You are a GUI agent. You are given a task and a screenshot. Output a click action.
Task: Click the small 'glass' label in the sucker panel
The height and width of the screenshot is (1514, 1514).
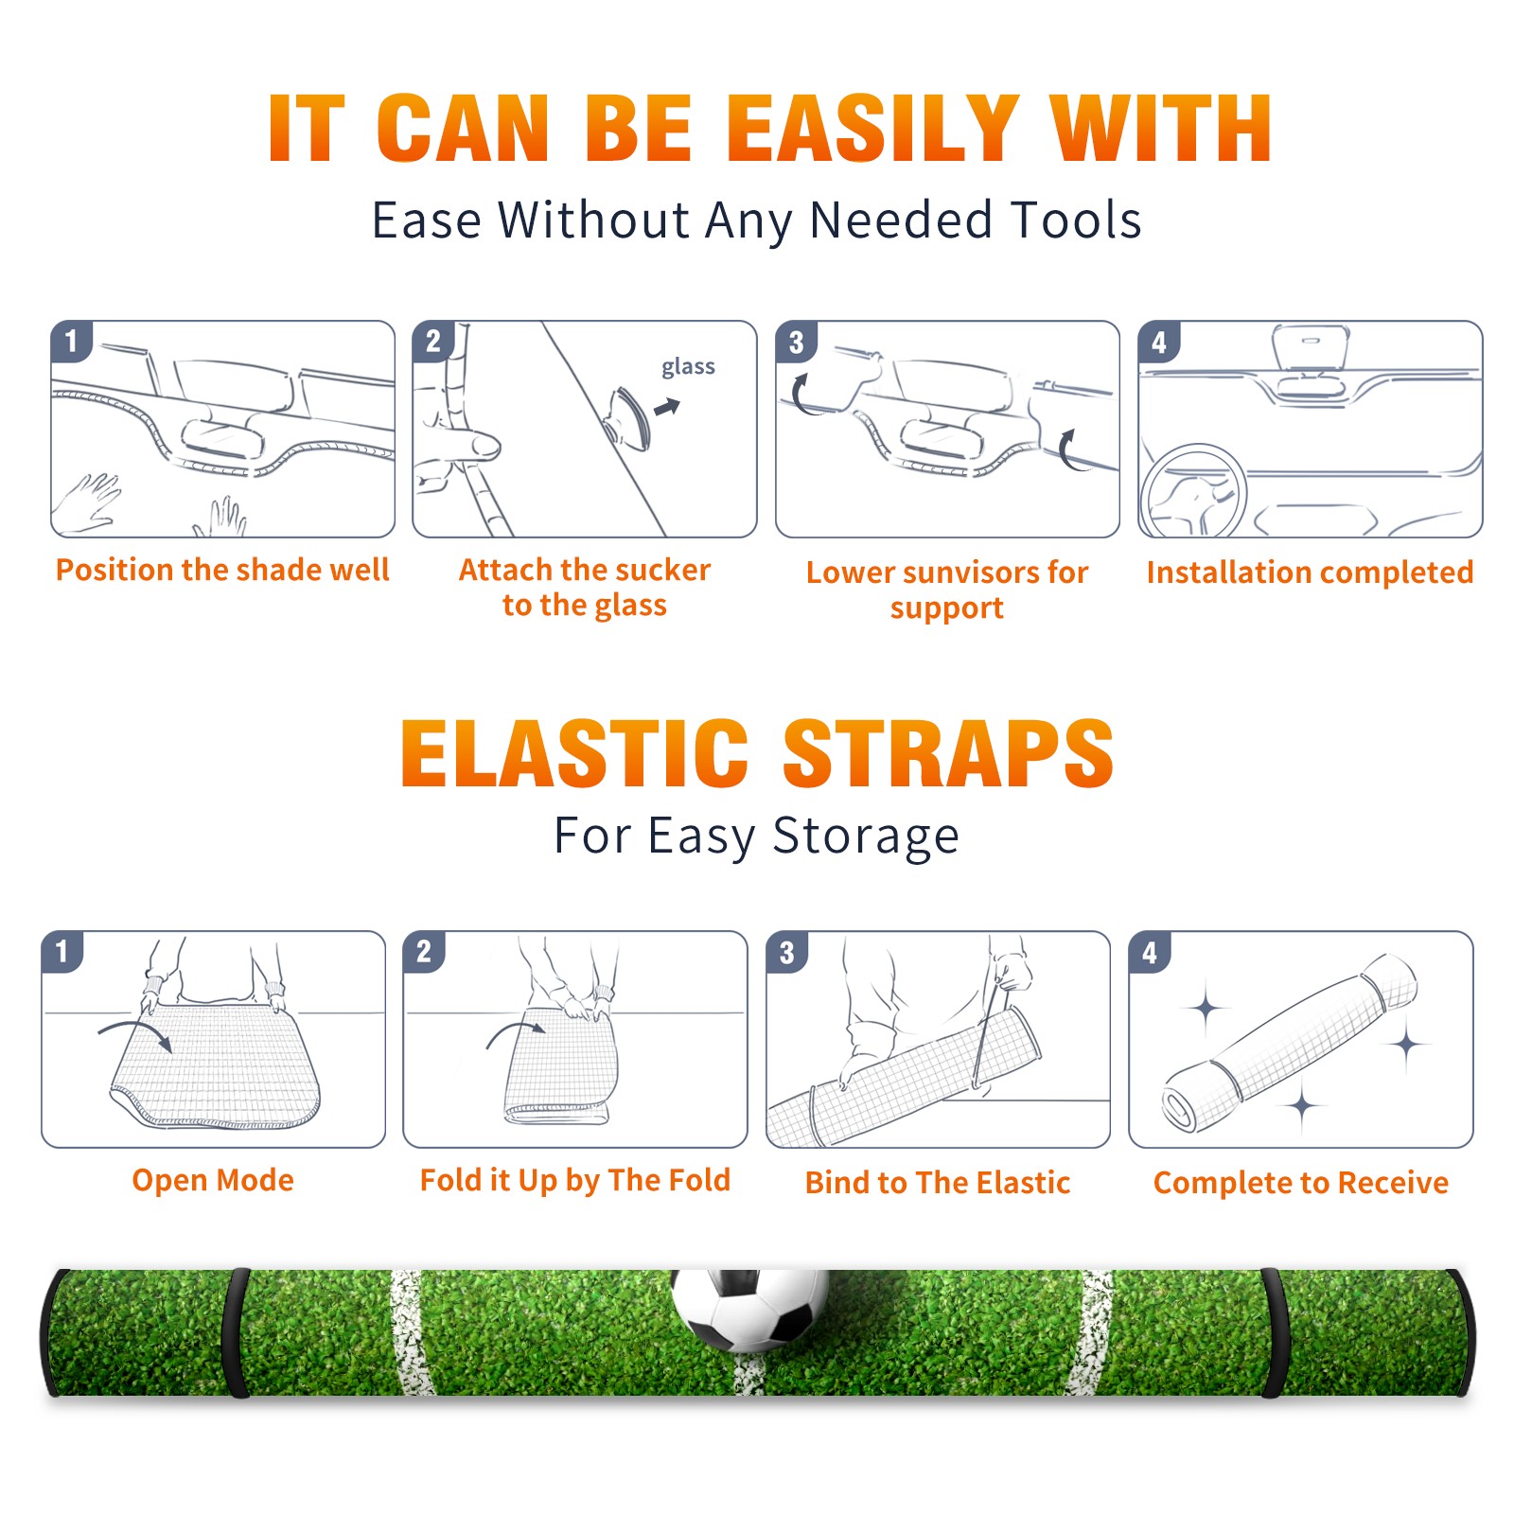(688, 366)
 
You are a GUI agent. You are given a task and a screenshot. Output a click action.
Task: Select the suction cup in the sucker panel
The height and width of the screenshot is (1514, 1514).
(627, 417)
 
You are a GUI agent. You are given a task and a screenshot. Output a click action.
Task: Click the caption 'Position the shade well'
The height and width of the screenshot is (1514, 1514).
(222, 570)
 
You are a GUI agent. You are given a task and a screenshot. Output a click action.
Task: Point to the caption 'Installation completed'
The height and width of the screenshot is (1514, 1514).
(1310, 572)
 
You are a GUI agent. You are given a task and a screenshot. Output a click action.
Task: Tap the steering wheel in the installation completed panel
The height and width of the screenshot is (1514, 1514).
(1193, 491)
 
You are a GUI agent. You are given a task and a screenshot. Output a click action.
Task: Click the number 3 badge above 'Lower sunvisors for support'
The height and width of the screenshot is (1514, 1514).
(796, 342)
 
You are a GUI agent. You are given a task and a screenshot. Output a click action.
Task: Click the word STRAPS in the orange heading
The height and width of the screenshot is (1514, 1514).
(948, 753)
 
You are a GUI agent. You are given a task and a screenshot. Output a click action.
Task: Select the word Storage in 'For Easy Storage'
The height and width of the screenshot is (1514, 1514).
(866, 836)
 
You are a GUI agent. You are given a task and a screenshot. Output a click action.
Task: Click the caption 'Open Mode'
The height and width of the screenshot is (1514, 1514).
(213, 1180)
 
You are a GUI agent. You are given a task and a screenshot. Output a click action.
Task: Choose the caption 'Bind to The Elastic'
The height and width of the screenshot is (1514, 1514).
(938, 1182)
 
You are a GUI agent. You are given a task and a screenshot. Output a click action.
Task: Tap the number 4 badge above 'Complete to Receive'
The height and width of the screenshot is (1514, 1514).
(1150, 952)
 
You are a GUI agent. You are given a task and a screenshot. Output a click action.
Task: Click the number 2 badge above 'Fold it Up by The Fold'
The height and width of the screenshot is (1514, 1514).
(424, 952)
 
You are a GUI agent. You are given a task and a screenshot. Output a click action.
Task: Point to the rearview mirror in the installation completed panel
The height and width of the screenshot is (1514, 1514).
(1311, 349)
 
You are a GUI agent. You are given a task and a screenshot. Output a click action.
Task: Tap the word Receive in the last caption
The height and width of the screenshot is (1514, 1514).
(1393, 1182)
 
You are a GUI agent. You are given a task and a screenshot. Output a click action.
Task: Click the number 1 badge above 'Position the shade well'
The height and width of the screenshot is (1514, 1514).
(71, 341)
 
